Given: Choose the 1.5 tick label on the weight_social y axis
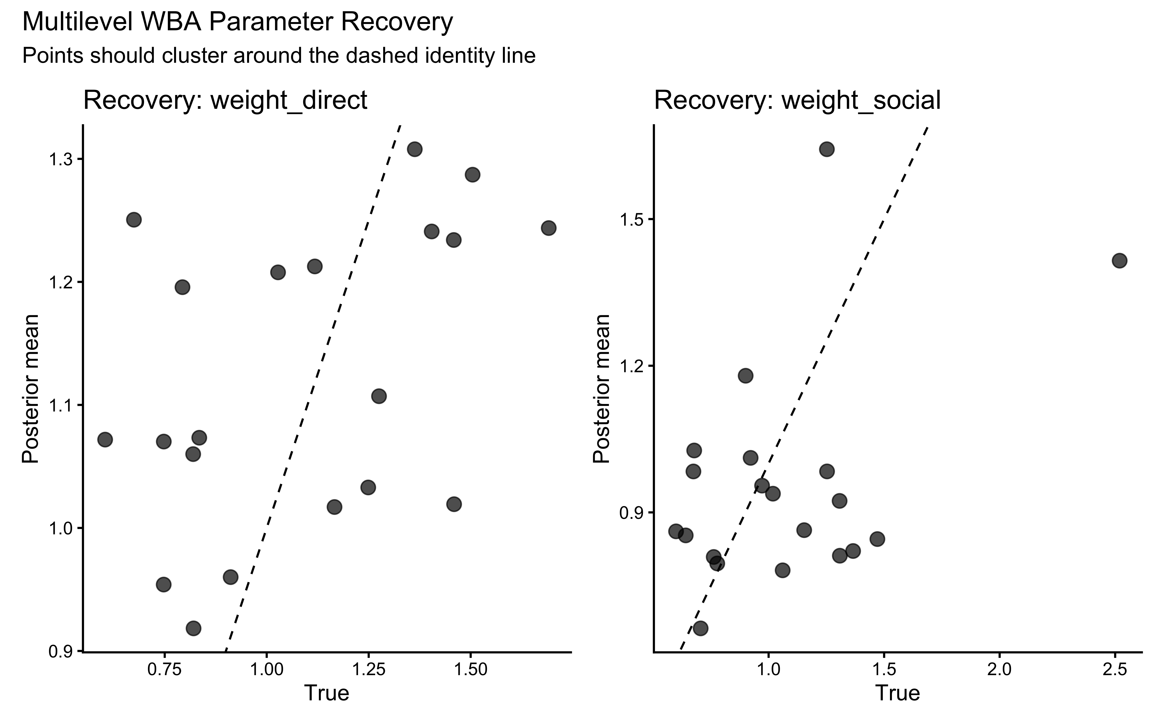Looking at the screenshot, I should [x=630, y=219].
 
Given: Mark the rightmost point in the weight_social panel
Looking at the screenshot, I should [x=1119, y=261].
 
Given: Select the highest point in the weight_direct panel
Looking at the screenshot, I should [x=415, y=149].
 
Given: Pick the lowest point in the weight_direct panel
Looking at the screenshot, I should [x=193, y=628].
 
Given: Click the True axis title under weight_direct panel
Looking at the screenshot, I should [x=327, y=693].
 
